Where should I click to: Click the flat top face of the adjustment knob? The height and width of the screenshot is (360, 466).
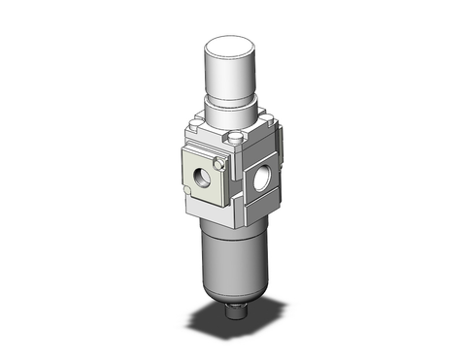click(x=231, y=42)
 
